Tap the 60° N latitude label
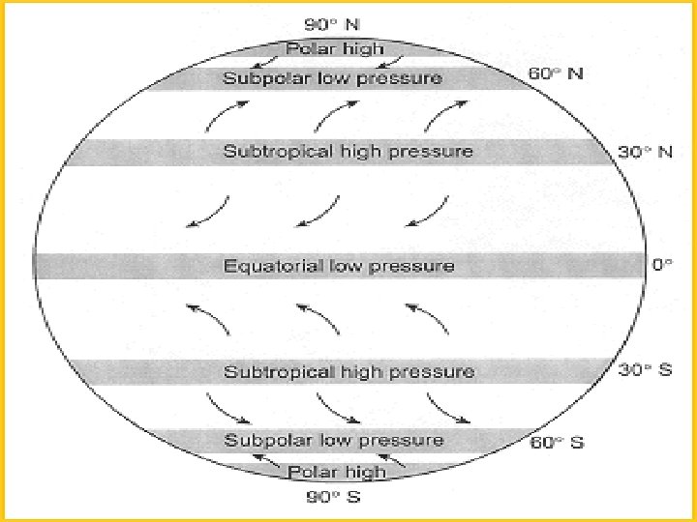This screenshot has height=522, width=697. pyautogui.click(x=555, y=73)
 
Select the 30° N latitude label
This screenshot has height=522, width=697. pyautogui.click(x=645, y=152)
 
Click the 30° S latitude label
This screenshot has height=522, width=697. pyautogui.click(x=645, y=371)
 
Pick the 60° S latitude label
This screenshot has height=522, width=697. pyautogui.click(x=557, y=444)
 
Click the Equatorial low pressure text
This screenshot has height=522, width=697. pyautogui.click(x=339, y=266)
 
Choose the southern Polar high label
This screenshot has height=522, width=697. pyautogui.click(x=338, y=472)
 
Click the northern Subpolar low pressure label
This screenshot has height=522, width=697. pyautogui.click(x=333, y=78)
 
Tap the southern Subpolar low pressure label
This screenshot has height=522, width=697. pyautogui.click(x=334, y=441)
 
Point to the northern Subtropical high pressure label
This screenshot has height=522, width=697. pyautogui.click(x=348, y=152)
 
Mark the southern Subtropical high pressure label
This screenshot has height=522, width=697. pyautogui.click(x=348, y=372)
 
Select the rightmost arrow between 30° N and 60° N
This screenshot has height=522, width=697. pyautogui.click(x=440, y=115)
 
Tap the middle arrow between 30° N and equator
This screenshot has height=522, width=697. pyautogui.click(x=318, y=213)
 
